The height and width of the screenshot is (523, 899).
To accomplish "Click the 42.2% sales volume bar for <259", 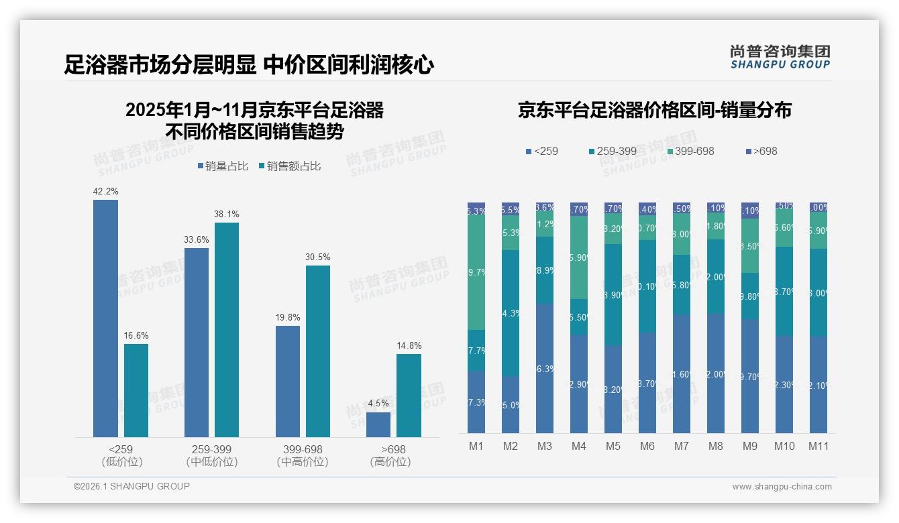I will click(x=105, y=318).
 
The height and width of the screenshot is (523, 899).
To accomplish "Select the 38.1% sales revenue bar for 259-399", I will click(x=227, y=330).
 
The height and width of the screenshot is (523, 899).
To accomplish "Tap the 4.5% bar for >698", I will click(x=378, y=424).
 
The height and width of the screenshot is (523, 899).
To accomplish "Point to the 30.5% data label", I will click(x=317, y=257).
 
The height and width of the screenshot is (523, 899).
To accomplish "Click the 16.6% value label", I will click(x=136, y=336).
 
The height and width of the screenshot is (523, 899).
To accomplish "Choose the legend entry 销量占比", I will click(x=224, y=166).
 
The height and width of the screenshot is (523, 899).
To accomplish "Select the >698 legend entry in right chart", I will click(x=761, y=151).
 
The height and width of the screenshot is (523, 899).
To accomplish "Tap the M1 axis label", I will click(x=476, y=446).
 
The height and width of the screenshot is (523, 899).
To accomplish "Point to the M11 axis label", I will click(x=818, y=446).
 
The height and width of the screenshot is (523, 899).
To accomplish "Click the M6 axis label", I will click(x=647, y=446).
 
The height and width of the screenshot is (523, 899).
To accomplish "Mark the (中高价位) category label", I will click(x=302, y=462).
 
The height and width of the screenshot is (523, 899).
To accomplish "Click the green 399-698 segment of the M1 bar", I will click(x=476, y=272).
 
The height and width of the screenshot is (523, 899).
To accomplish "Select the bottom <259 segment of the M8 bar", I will click(x=716, y=373).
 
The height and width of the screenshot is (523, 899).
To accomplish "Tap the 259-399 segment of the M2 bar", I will click(x=511, y=313).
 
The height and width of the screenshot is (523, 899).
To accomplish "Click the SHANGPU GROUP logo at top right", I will click(x=780, y=56).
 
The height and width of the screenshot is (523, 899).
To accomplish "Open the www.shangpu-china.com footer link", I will click(x=782, y=487).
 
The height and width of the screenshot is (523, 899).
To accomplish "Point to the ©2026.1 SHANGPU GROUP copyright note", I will click(x=131, y=486).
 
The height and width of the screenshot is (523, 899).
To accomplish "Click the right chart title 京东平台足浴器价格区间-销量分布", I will click(x=654, y=111).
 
